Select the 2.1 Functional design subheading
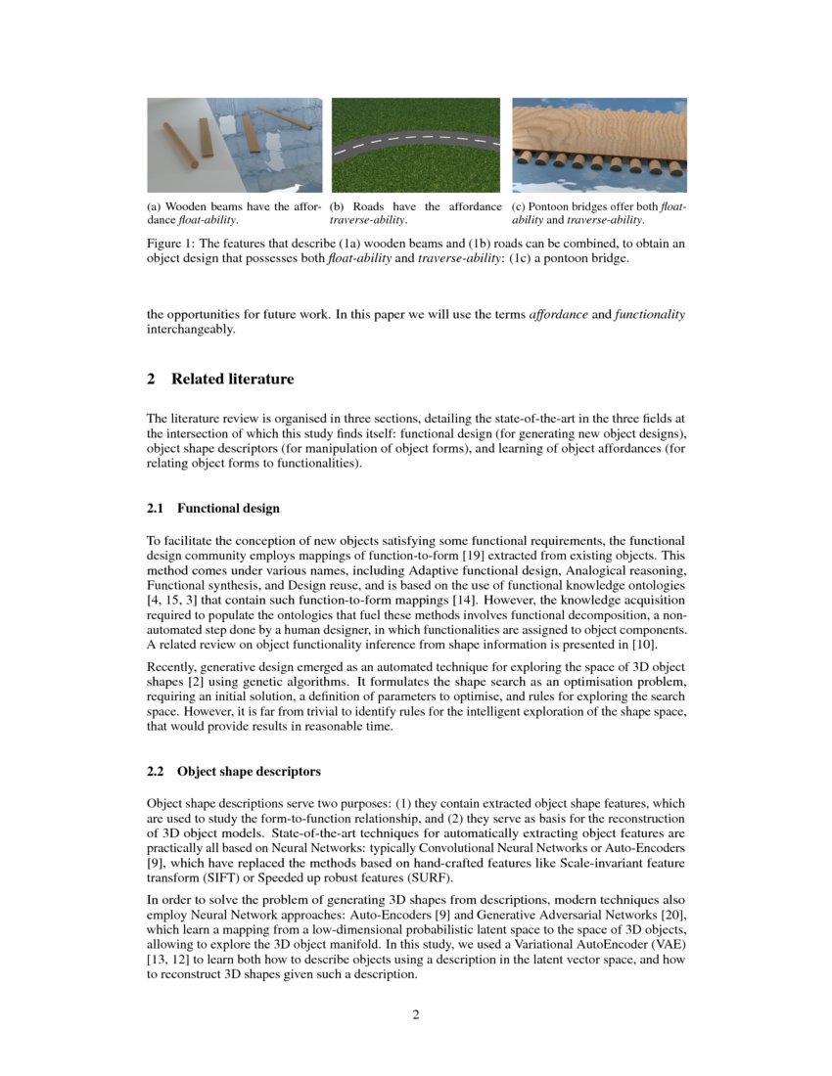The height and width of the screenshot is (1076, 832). click(x=212, y=509)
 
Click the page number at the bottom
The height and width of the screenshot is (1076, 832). click(x=416, y=1014)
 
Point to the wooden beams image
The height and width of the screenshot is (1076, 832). click(x=234, y=145)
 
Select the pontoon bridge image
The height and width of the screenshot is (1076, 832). click(x=599, y=145)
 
